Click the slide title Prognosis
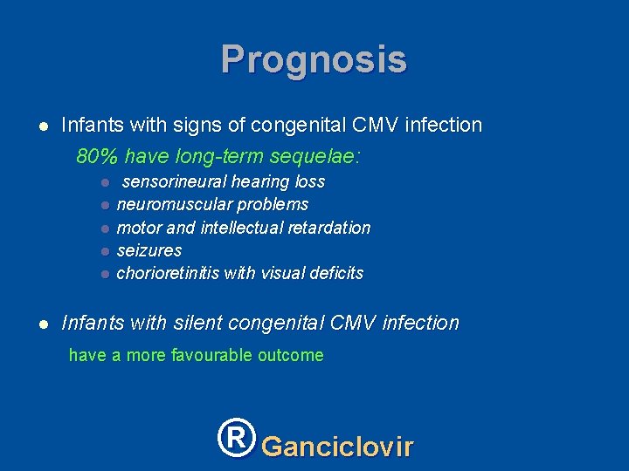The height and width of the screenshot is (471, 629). pyautogui.click(x=314, y=60)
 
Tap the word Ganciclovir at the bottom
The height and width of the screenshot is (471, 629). pyautogui.click(x=337, y=447)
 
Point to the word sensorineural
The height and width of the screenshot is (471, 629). pyautogui.click(x=174, y=181)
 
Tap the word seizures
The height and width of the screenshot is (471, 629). pyautogui.click(x=149, y=250)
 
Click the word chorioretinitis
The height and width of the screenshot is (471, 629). pyautogui.click(x=168, y=273)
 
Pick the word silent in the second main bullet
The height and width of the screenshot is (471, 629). pyautogui.click(x=200, y=323)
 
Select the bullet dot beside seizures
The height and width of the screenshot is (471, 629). pyautogui.click(x=103, y=251)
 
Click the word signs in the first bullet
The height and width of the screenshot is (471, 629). pyautogui.click(x=202, y=126)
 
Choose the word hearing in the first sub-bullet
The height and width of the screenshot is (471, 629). pyautogui.click(x=260, y=181)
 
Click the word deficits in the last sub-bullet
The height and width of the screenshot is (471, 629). pyautogui.click(x=335, y=273)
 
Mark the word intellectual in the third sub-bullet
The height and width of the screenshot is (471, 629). pyautogui.click(x=240, y=228)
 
